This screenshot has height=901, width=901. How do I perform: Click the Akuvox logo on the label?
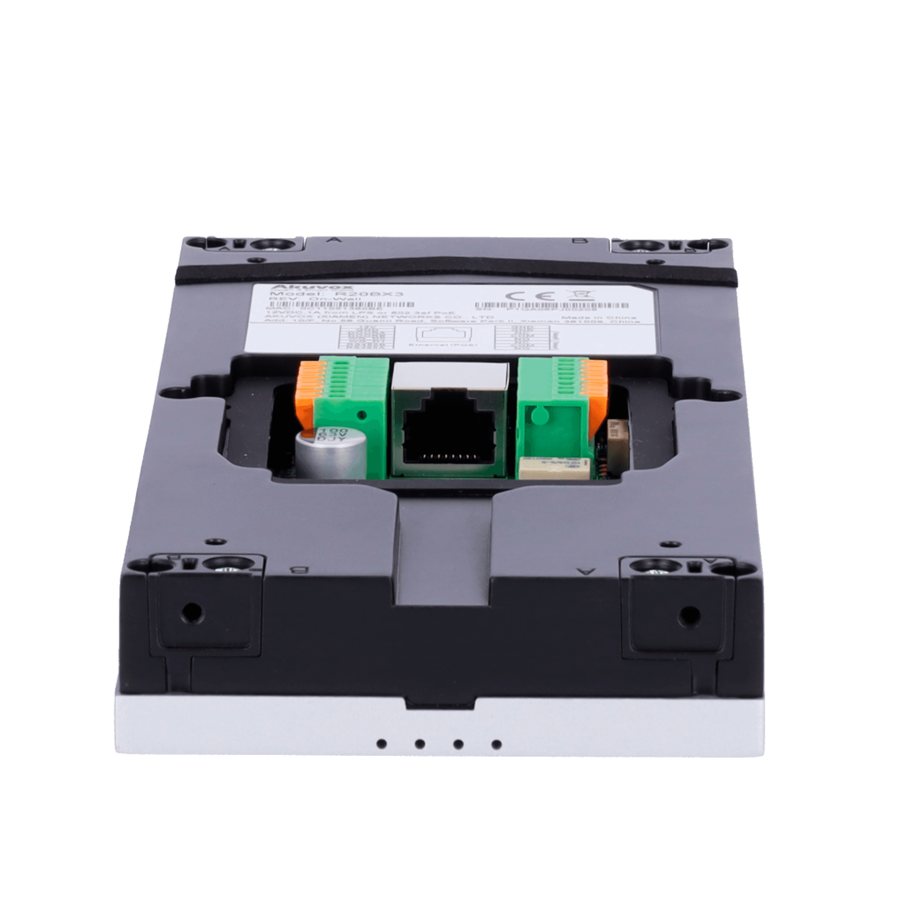(287, 288)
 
